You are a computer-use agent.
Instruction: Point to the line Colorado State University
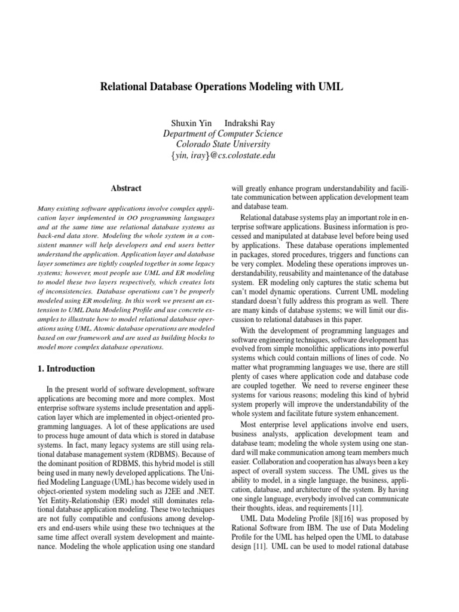(223, 145)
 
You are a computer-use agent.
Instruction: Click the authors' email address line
(223, 156)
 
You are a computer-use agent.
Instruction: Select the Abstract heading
(126, 188)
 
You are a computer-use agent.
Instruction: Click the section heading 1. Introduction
(66, 369)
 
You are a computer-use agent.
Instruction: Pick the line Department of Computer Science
(223, 134)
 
